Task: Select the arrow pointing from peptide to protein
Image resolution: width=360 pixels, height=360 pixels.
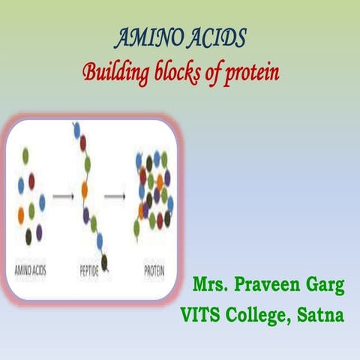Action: click(x=114, y=197)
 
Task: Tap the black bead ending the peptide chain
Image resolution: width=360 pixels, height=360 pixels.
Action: click(x=103, y=260)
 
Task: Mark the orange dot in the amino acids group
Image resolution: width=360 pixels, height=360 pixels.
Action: click(x=21, y=214)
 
